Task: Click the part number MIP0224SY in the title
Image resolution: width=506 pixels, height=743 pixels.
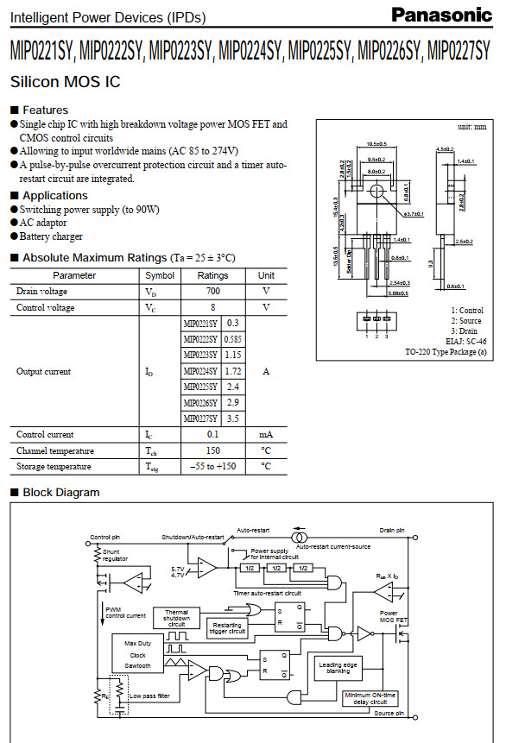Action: pos(250,53)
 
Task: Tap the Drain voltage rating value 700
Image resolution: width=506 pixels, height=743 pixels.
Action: pos(212,292)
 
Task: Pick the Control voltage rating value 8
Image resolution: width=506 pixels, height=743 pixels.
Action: pos(212,307)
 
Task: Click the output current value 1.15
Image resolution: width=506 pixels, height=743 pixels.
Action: pos(232,355)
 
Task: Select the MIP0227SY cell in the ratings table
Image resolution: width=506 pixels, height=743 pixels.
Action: pos(200,419)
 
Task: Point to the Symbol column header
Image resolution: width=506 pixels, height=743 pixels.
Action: pos(159,275)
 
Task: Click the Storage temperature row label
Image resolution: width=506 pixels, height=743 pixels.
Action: pos(53,467)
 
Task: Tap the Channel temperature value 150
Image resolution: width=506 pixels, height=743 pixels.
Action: pos(212,450)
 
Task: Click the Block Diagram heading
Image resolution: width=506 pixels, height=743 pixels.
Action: pos(60,493)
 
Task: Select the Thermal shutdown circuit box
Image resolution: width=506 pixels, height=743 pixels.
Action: pos(176,618)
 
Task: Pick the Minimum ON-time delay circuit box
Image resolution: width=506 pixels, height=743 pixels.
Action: pos(370,698)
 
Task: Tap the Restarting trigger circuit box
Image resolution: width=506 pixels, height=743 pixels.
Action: pos(227,627)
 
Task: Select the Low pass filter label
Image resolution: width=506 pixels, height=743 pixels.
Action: pos(149,695)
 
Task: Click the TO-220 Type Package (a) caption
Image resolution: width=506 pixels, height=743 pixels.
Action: pos(446,352)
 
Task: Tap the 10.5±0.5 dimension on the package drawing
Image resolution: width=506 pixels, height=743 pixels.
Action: pos(376,143)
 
